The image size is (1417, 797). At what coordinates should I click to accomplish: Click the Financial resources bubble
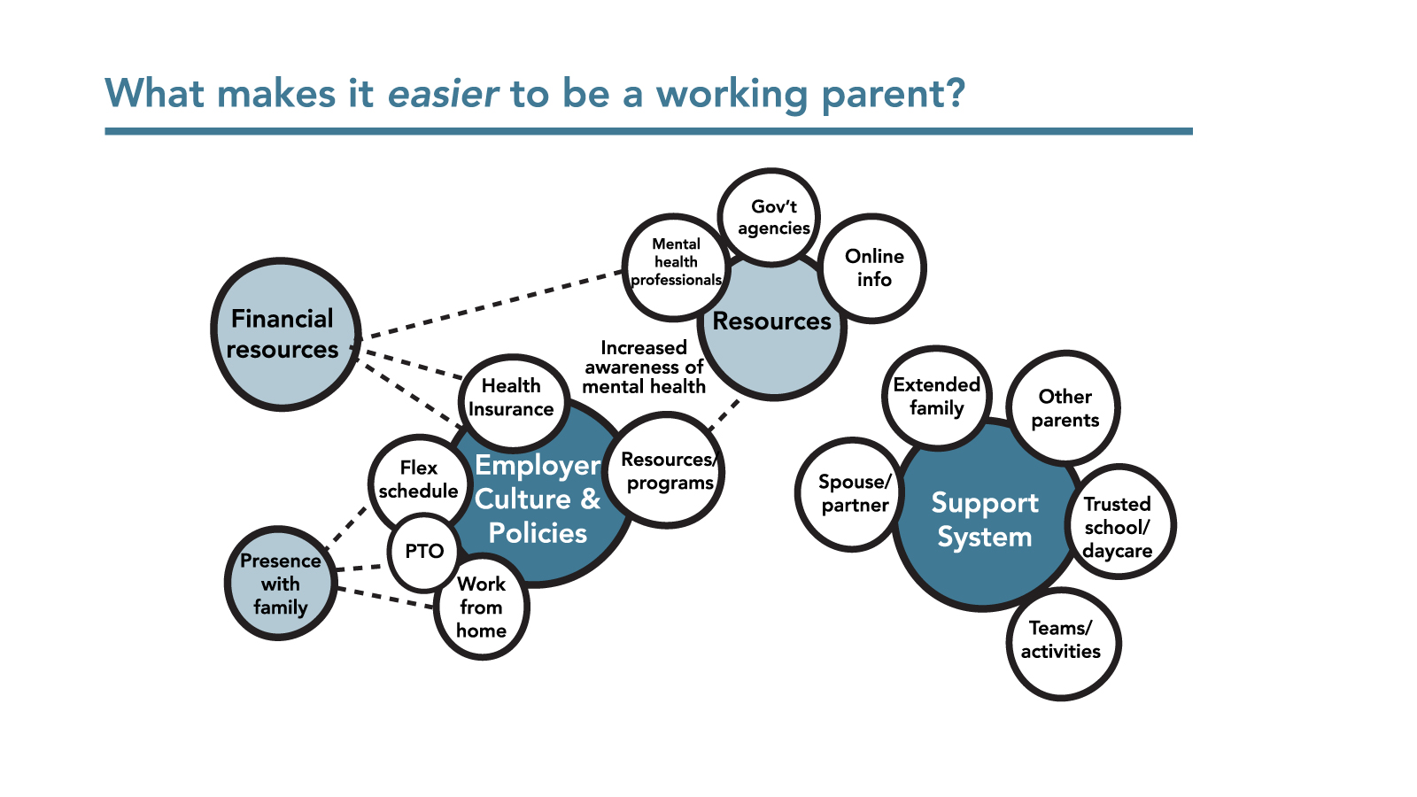coord(283,334)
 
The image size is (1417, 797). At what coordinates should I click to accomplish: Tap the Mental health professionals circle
coord(676,264)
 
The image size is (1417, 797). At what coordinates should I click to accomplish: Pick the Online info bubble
coord(873,267)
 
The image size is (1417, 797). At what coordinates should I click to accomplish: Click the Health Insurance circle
coord(512,398)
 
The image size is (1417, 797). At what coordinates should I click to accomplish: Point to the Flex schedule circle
coord(418,480)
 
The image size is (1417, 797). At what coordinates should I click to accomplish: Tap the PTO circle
coord(423,552)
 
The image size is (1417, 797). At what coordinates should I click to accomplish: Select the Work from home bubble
coord(481,607)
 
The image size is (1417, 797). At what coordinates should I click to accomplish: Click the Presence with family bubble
coord(280,584)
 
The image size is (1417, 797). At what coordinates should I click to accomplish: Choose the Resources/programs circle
coord(667,471)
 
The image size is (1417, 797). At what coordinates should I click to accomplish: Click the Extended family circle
coord(936,396)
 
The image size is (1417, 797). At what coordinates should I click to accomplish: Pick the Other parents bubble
coord(1065,408)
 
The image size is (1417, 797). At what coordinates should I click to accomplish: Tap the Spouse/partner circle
coord(853,493)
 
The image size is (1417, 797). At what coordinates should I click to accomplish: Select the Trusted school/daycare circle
coord(1118,526)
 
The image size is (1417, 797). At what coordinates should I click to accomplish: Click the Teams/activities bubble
coord(1061,641)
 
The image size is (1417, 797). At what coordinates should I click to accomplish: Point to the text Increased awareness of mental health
coord(644,367)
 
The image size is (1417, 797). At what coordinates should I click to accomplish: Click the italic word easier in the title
coord(443,93)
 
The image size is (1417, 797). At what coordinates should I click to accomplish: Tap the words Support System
coord(984,520)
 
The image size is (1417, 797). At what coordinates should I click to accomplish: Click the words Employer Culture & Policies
coord(538,499)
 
